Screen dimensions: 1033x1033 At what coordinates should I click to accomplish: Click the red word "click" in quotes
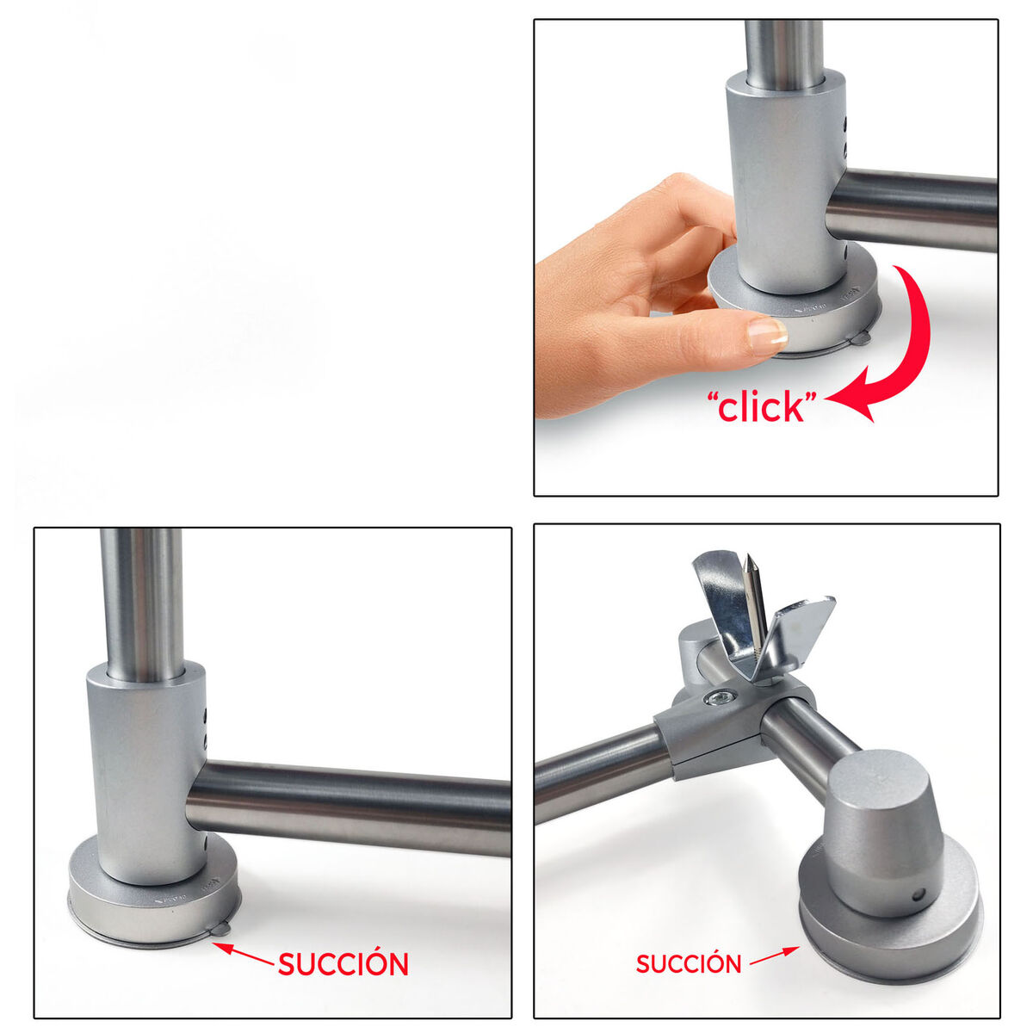click(761, 407)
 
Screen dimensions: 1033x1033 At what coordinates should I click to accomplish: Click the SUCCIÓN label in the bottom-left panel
click(343, 964)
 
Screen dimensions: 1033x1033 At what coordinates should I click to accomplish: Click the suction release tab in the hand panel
click(859, 339)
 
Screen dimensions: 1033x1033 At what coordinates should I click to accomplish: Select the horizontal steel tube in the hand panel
click(912, 209)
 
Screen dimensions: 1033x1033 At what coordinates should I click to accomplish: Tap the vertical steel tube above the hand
click(783, 53)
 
